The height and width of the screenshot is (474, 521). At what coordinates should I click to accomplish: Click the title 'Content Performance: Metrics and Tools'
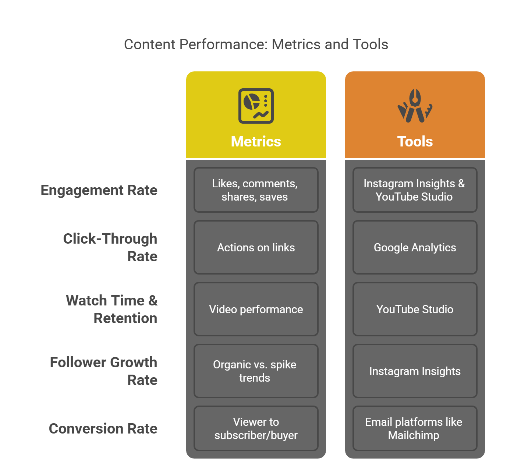coord(256,45)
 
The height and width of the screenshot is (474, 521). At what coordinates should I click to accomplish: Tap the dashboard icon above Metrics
coord(256,106)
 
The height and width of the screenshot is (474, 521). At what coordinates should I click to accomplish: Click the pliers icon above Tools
coord(415,106)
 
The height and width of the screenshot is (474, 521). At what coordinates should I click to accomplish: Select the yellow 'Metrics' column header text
coord(256,142)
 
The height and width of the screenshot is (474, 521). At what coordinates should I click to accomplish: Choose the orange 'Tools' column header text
coord(415,142)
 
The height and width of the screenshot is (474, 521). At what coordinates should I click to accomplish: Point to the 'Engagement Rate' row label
coord(99,190)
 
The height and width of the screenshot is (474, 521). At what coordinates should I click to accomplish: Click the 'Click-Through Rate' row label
coord(110,247)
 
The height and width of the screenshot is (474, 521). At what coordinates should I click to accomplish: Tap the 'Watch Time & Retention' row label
coord(112,309)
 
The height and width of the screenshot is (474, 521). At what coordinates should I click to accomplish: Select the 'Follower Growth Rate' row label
coord(104,371)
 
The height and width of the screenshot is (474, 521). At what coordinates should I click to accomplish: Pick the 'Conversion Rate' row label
coord(103,429)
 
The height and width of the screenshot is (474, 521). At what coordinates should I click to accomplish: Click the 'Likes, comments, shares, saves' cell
coord(256,190)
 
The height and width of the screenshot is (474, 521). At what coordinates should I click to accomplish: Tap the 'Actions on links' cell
coord(256,247)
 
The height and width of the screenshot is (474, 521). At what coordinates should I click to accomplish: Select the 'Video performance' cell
coord(256,309)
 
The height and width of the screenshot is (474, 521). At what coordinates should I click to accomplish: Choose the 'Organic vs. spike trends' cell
coord(256,371)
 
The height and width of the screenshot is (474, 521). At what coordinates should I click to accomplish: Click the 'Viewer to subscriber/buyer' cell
coord(256,428)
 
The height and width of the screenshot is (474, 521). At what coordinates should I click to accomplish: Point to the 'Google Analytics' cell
coord(415,247)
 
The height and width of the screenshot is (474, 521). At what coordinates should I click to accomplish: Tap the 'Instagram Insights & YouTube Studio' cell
coord(415,190)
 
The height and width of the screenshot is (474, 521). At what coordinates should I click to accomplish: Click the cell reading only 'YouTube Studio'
coord(415,309)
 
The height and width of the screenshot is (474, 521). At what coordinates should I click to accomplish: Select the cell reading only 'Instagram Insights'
coord(415,371)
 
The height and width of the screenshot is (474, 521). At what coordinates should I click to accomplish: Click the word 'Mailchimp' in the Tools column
coord(414,435)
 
